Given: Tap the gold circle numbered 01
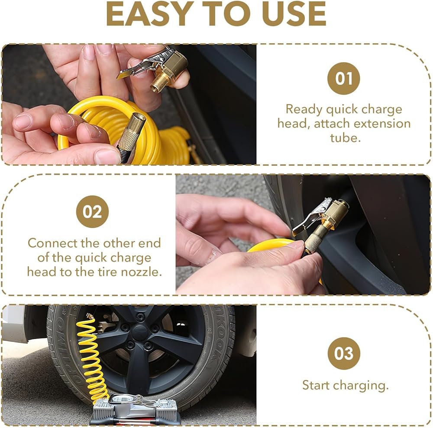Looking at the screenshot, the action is click(343, 78).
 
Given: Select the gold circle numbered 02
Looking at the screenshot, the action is click(92, 211).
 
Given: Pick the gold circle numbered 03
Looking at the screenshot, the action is click(344, 353).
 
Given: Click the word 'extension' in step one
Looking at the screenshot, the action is click(382, 123).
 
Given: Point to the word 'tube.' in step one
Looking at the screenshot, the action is click(346, 137).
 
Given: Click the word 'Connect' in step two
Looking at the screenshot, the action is click(52, 243).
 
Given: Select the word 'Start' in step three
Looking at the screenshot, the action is click(316, 385).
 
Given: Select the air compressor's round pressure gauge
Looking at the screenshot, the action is click(120, 398).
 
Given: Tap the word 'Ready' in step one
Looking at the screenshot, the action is click(304, 110).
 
